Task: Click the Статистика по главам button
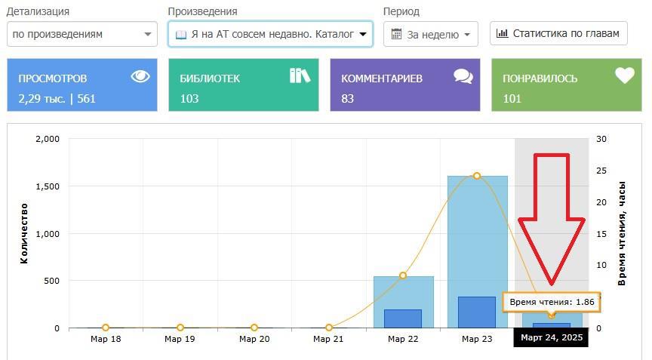559,33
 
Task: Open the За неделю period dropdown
431,34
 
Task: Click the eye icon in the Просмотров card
140,76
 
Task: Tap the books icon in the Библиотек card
300,75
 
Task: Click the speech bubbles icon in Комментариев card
463,76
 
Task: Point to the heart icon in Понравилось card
624,75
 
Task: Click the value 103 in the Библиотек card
189,98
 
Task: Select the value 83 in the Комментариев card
348,98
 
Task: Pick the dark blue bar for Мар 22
403,318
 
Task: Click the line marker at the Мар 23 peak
477,176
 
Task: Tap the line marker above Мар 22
403,275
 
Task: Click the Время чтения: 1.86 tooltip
552,302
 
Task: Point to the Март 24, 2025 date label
552,337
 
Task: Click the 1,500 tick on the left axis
47,186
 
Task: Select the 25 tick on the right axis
601,171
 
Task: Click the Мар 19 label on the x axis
180,340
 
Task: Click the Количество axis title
25,233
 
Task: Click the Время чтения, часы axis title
623,233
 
